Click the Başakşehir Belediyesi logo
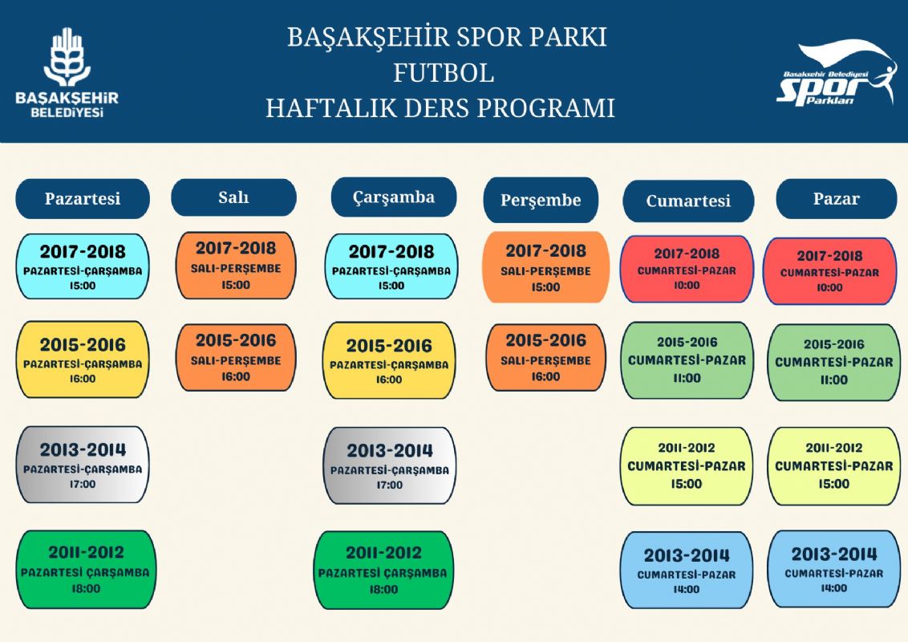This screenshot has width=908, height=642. pyautogui.click(x=67, y=72)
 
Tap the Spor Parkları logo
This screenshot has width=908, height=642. pyautogui.click(x=836, y=73)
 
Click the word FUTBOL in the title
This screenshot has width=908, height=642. pyautogui.click(x=444, y=73)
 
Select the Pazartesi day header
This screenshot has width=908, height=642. pyautogui.click(x=83, y=199)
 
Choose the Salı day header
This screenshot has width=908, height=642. pyautogui.click(x=234, y=197)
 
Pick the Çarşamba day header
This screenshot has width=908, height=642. pyautogui.click(x=394, y=197)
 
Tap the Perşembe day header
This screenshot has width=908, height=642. pyautogui.click(x=541, y=200)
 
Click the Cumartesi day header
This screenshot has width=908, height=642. pyautogui.click(x=688, y=201)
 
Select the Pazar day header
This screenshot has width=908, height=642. pyautogui.click(x=836, y=199)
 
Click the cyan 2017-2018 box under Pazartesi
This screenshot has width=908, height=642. pyautogui.click(x=83, y=266)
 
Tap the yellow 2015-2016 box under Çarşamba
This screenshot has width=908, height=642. pyautogui.click(x=389, y=360)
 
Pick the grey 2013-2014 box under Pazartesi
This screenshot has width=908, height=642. pyautogui.click(x=83, y=465)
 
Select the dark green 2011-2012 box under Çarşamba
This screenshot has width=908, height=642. pyautogui.click(x=383, y=570)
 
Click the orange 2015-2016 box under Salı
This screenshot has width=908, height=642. pyautogui.click(x=236, y=357)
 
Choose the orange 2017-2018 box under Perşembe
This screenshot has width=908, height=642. pyautogui.click(x=545, y=267)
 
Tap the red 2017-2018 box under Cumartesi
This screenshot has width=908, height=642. pyautogui.click(x=687, y=270)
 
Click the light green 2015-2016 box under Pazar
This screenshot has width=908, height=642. pyautogui.click(x=834, y=362)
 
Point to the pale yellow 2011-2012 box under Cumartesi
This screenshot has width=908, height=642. pyautogui.click(x=687, y=466)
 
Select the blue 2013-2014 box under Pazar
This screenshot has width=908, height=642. pyautogui.click(x=834, y=569)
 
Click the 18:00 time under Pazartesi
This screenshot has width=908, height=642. pyautogui.click(x=86, y=589)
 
